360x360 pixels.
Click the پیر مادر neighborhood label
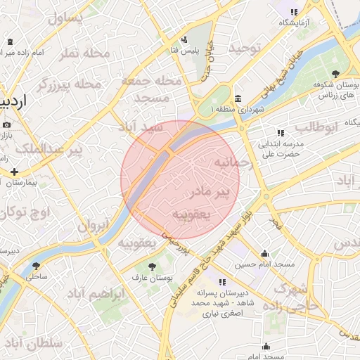coord(211,191)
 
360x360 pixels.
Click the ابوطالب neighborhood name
coord(316,127)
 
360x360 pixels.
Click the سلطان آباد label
coord(33,342)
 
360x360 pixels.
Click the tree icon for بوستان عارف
coord(152,266)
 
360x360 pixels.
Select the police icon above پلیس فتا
coord(184,39)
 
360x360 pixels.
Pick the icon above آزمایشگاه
coord(293,12)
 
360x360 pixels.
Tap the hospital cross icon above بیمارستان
coord(13,171)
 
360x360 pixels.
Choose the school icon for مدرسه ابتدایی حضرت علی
coord(281,132)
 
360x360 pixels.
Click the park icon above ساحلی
coord(36,266)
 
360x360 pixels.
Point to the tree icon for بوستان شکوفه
coord(335,73)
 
